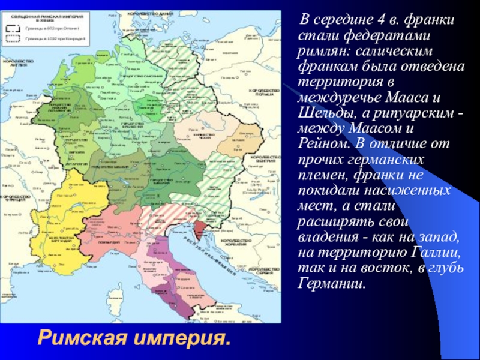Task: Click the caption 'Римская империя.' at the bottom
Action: tap(134, 340)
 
